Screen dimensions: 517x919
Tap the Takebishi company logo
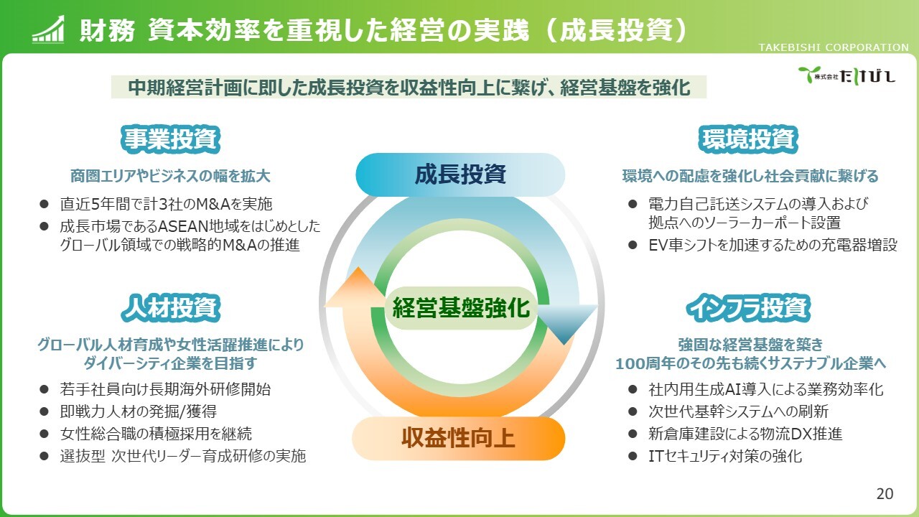(846, 74)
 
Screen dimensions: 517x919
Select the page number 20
(885, 493)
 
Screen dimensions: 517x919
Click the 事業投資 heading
(170, 139)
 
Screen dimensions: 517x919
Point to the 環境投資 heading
(750, 139)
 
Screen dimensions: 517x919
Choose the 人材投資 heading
(170, 308)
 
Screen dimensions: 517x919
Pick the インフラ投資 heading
(750, 308)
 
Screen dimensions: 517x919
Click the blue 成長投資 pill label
(460, 174)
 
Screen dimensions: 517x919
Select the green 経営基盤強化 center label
(460, 308)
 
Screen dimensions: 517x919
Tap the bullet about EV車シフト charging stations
(773, 244)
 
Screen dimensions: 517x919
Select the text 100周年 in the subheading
(640, 363)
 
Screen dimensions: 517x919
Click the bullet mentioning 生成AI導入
(765, 389)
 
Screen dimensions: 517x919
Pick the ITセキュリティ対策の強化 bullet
(724, 455)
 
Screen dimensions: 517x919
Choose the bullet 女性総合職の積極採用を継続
(156, 434)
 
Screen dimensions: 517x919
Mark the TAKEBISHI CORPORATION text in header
(834, 47)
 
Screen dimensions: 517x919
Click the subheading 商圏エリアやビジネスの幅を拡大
(170, 176)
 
